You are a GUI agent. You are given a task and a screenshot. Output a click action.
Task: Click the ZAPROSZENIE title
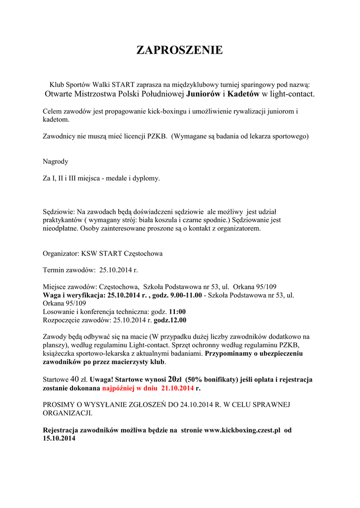(x=180, y=50)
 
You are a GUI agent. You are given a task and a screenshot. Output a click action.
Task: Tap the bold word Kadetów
(x=243, y=93)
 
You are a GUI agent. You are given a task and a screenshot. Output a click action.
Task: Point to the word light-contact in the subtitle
(x=291, y=93)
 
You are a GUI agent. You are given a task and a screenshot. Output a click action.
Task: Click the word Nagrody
(x=56, y=161)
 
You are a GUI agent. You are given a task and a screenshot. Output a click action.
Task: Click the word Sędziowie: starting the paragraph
(x=59, y=212)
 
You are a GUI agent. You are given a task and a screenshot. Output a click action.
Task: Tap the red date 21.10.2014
(x=177, y=388)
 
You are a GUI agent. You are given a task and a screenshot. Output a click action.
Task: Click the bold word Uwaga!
(x=101, y=380)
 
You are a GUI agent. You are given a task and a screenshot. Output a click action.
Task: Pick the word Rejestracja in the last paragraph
(x=62, y=430)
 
